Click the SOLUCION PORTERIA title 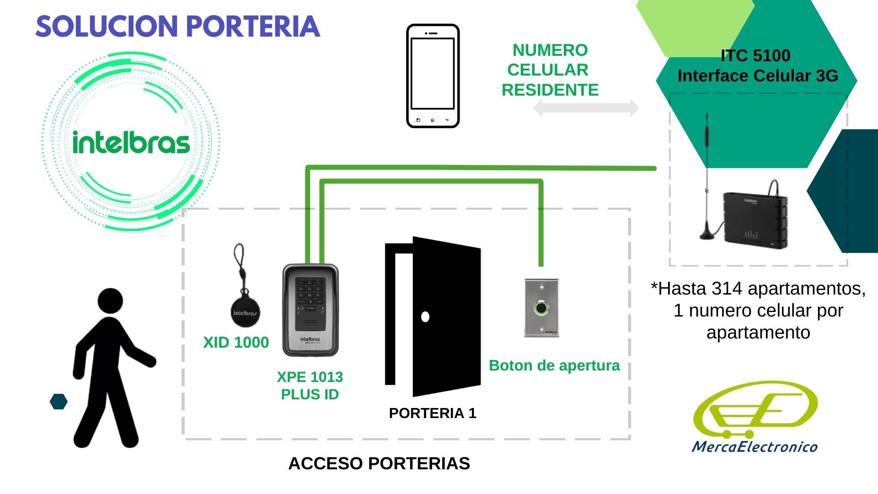177,27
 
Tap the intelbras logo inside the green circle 131,142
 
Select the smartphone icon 433,76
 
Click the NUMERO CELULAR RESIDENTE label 550,70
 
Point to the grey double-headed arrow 586,108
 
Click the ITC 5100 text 755,55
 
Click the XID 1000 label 236,342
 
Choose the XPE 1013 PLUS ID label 310,386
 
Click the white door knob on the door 425,317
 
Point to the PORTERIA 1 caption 433,413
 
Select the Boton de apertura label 554,365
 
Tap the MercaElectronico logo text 755,446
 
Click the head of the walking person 111,301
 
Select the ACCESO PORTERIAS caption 379,463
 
